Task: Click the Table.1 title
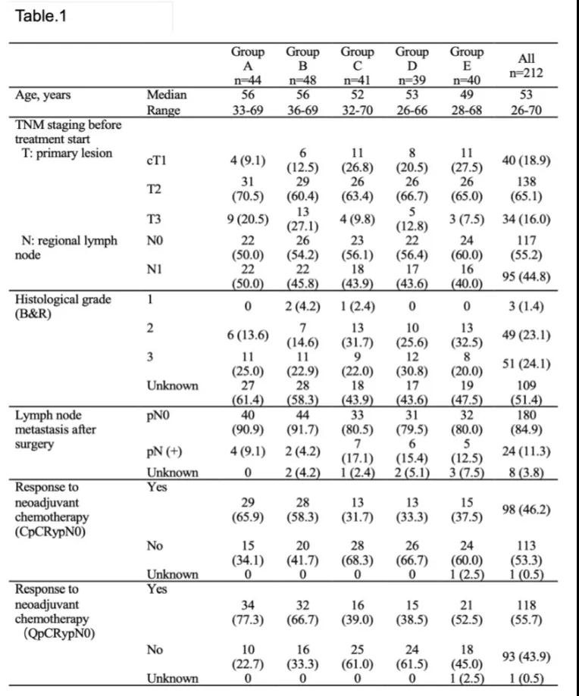click(42, 16)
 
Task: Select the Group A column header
click(248, 65)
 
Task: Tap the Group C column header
click(357, 65)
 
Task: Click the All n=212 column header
click(525, 66)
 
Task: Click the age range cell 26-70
click(525, 110)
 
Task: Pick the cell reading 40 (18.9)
click(525, 161)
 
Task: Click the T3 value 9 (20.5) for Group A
click(248, 220)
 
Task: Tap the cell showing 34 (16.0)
click(525, 220)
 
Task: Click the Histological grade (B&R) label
click(63, 306)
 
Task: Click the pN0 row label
click(157, 416)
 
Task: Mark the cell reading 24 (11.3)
click(525, 451)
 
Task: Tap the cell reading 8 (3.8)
click(525, 473)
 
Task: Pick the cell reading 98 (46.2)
click(525, 510)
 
